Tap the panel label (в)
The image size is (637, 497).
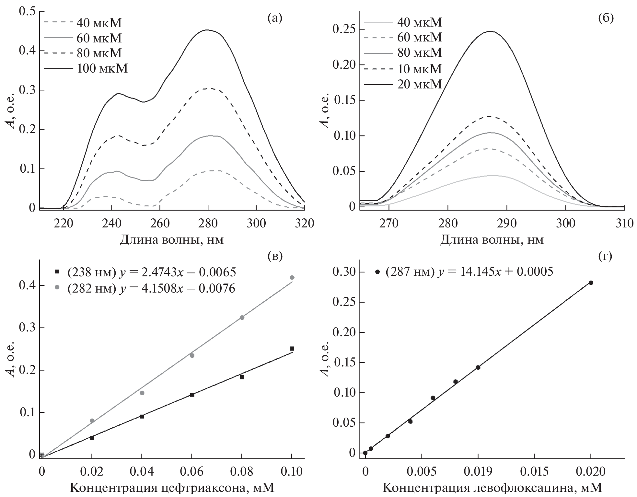tap(275, 257)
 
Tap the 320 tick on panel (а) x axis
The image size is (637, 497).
tap(304, 224)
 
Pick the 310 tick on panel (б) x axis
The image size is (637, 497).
tap(624, 224)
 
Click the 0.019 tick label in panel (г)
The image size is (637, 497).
tap(477, 472)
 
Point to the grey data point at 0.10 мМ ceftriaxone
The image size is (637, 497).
tap(292, 277)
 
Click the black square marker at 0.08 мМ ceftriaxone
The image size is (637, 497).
tap(242, 377)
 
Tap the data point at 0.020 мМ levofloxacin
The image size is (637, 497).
tap(591, 283)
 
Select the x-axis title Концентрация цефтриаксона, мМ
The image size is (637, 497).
tap(172, 488)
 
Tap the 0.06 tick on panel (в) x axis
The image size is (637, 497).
tap(192, 472)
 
